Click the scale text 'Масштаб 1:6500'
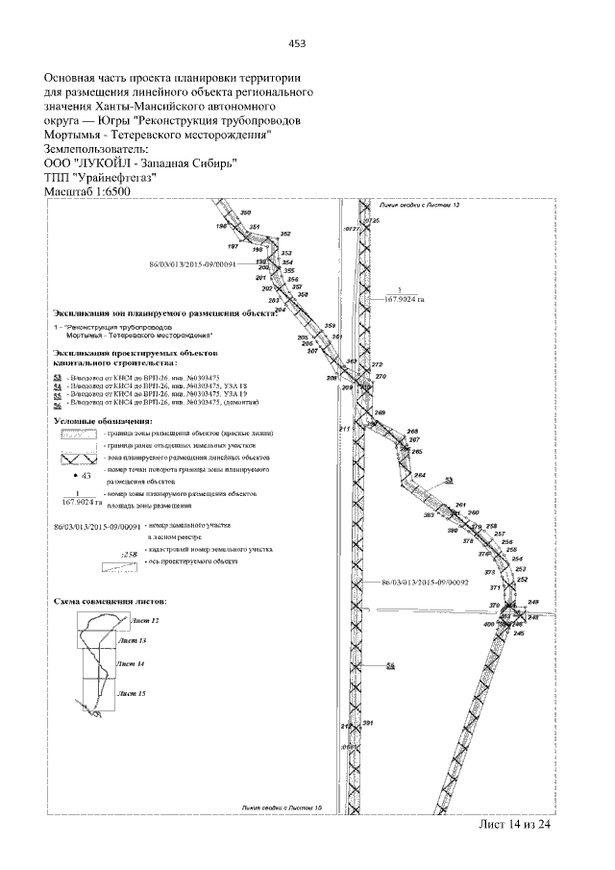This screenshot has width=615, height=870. coord(87,191)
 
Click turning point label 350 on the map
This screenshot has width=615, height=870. coord(245,212)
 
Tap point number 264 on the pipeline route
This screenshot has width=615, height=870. coord(419,476)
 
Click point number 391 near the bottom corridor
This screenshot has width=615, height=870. coord(367,723)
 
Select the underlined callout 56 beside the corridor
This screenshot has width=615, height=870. coord(390,665)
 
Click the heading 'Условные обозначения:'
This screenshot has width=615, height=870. coord(102,421)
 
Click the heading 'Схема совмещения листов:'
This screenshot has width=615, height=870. coord(111,597)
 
